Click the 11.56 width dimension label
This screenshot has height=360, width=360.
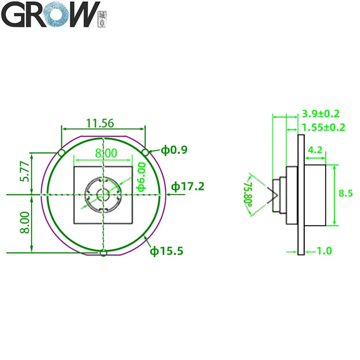click(100, 122)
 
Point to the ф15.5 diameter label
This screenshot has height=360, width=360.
click(166, 251)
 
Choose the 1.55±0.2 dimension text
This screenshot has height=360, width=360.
click(323, 127)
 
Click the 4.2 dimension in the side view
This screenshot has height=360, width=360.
click(315, 150)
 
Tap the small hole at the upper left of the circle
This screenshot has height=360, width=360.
click(62, 153)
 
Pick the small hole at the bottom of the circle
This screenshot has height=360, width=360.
click(103, 253)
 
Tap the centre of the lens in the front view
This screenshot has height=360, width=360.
click(103, 195)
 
